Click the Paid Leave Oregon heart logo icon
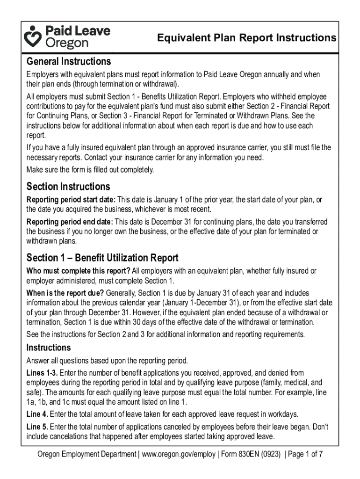(34, 36)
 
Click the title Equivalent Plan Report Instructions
(246, 38)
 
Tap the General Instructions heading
(69, 61)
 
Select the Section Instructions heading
(68, 187)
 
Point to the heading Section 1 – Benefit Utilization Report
(102, 258)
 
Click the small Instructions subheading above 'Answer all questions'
(49, 348)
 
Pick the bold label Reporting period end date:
(70, 221)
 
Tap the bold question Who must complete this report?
(79, 271)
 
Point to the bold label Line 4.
(37, 414)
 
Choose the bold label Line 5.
(37, 427)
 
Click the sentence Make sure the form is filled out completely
(90, 169)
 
